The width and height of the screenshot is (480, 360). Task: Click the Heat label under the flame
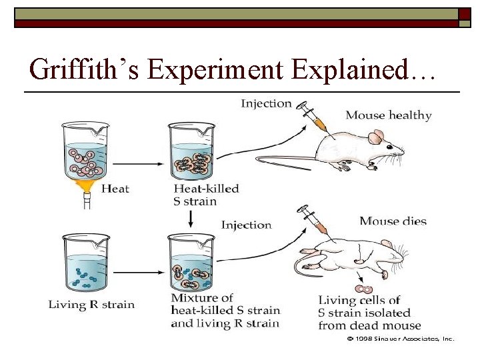(115, 189)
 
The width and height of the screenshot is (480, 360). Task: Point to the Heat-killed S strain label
(205, 195)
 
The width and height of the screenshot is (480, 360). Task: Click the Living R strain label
(91, 305)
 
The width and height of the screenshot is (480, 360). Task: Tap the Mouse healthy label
(388, 115)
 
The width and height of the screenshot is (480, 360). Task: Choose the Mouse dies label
(393, 221)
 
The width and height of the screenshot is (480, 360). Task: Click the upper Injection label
(266, 103)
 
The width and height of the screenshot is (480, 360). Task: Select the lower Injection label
(246, 225)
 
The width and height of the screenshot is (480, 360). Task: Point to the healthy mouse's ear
(375, 138)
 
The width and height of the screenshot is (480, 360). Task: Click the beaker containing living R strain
(85, 263)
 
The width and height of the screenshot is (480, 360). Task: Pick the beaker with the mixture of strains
(193, 263)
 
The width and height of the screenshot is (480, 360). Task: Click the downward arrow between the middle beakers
(192, 218)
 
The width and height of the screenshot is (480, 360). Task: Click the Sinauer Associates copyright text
(400, 339)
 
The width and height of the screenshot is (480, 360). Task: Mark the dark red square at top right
(465, 14)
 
